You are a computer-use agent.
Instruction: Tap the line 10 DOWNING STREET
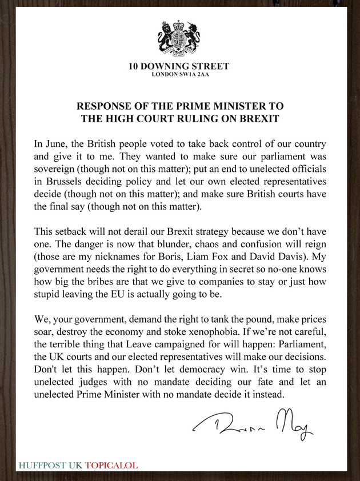pyautogui.click(x=180, y=67)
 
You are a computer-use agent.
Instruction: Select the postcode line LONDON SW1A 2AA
pyautogui.click(x=180, y=75)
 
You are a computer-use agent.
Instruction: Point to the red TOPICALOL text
pyautogui.click(x=111, y=465)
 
